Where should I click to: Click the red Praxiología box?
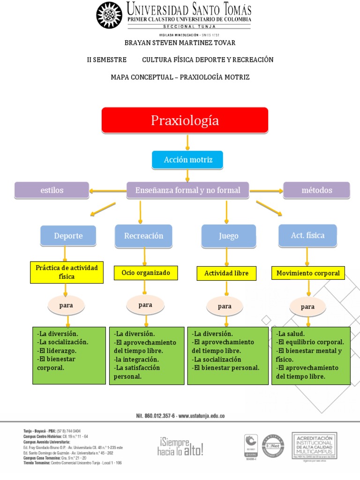tap(185, 120)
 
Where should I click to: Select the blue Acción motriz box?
tap(187, 160)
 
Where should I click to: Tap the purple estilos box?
tap(52, 190)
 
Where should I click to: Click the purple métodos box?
tap(316, 190)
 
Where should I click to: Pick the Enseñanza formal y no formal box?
tap(187, 190)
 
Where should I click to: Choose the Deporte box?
tap(68, 236)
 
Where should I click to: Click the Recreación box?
tap(143, 236)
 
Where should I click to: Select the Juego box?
tap(229, 236)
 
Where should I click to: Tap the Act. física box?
tap(307, 235)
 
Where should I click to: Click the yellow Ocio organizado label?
tap(146, 272)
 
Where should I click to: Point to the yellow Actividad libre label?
tap(226, 273)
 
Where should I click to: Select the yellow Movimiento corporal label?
tap(308, 273)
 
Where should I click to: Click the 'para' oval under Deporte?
tap(66, 306)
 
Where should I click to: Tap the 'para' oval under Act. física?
tap(307, 307)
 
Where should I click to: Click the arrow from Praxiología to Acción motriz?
tap(187, 142)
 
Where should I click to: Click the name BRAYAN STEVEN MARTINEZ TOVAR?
tap(180, 43)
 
